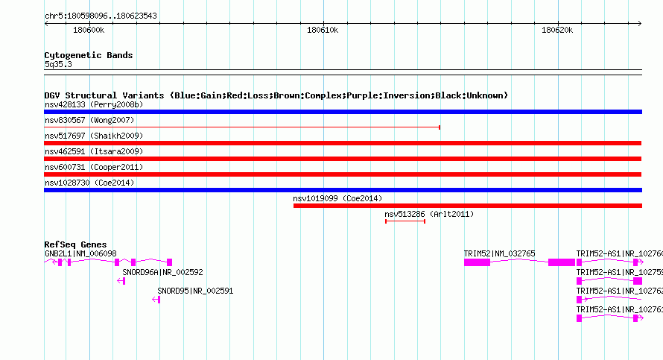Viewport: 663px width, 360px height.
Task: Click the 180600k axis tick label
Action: pyautogui.click(x=89, y=30)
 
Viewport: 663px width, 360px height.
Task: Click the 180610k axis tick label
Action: pyautogui.click(x=323, y=30)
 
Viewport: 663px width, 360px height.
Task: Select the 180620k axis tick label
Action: pyautogui.click(x=557, y=30)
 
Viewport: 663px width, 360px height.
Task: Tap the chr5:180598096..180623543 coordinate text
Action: pyautogui.click(x=101, y=16)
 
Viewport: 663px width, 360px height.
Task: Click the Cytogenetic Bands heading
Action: pyautogui.click(x=89, y=55)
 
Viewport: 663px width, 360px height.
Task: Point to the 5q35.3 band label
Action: pyautogui.click(x=58, y=64)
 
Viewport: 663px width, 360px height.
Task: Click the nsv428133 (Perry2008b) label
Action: pyautogui.click(x=94, y=104)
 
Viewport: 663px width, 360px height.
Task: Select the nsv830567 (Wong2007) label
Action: pyautogui.click(x=89, y=120)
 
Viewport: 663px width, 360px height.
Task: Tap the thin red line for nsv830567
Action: pyautogui.click(x=242, y=127)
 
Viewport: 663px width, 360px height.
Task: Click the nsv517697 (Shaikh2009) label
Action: pyautogui.click(x=94, y=136)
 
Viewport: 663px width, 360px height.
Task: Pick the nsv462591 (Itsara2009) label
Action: pyautogui.click(x=94, y=151)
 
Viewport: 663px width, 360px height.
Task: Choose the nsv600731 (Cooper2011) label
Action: pyautogui.click(x=94, y=167)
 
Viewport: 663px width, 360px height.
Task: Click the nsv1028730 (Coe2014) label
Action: pyautogui.click(x=89, y=183)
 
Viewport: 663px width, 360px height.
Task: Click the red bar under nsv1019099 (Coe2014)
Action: pyautogui.click(x=468, y=206)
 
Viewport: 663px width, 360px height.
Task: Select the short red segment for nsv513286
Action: pyautogui.click(x=405, y=221)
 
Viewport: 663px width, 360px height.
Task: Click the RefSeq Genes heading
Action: pyautogui.click(x=75, y=244)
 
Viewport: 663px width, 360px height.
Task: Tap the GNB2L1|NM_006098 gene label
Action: pyautogui.click(x=80, y=254)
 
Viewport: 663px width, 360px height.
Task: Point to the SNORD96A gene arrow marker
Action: pyautogui.click(x=121, y=281)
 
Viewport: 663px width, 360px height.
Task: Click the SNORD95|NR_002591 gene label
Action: pyautogui.click(x=195, y=291)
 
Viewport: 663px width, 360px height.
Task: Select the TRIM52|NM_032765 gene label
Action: pyautogui.click(x=499, y=254)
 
